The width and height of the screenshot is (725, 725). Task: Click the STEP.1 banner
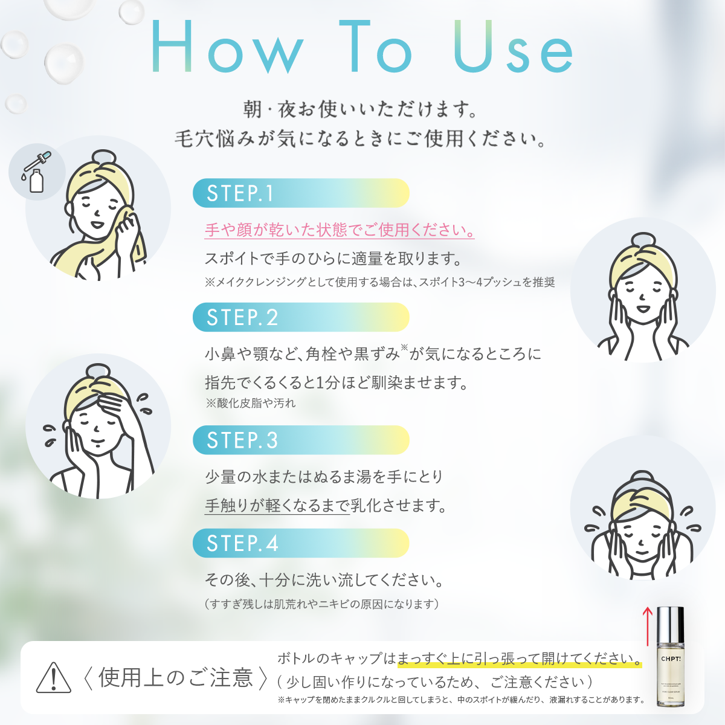coord(300,193)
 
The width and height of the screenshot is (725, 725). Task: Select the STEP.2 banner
coord(300,317)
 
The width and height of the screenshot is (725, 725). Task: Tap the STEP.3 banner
coord(300,440)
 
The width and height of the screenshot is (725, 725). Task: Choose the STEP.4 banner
coord(300,543)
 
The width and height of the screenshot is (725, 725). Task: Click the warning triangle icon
coord(54,677)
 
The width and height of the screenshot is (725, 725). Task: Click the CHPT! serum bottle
coord(671,659)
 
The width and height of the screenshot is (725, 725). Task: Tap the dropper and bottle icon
coord(36,172)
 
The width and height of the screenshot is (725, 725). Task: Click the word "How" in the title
coord(227,48)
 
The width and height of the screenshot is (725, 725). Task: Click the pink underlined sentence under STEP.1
coord(340,230)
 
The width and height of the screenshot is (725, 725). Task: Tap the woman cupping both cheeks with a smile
coord(642,290)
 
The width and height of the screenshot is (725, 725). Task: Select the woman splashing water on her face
coord(642,520)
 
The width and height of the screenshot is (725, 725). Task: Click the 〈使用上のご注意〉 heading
coord(176,678)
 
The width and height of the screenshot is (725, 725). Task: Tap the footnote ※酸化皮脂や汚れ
coord(251,403)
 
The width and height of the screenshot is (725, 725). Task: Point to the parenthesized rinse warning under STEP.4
coord(321,604)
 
